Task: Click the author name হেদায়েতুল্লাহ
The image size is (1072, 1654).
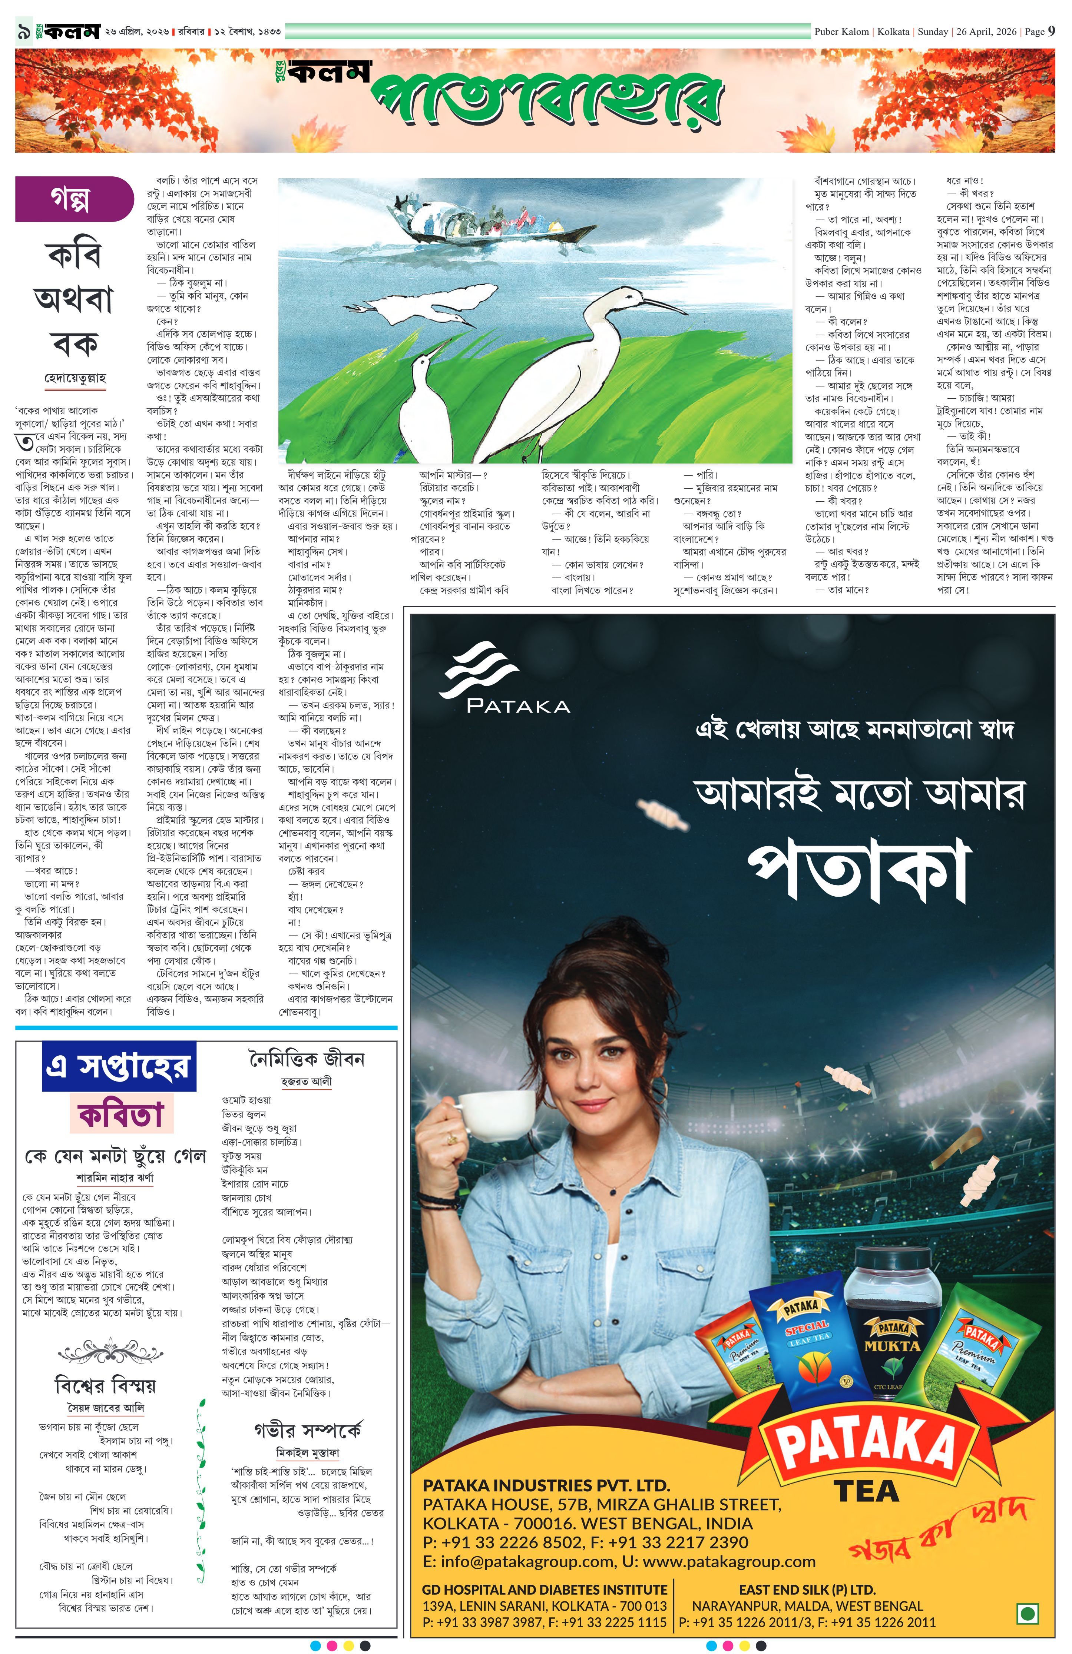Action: point(75,379)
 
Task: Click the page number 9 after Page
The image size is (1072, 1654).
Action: point(1051,31)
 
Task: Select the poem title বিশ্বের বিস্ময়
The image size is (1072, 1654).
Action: point(105,1385)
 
